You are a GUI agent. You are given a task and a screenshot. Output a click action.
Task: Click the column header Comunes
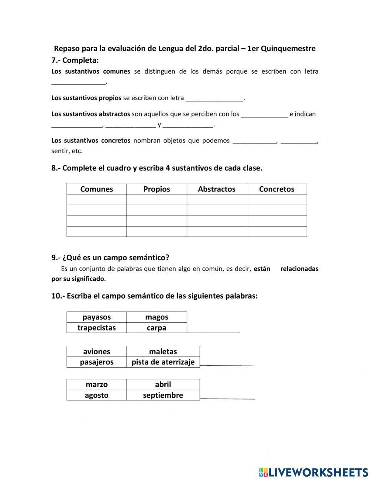tap(96, 189)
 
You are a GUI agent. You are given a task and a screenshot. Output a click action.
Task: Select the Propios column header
tap(157, 189)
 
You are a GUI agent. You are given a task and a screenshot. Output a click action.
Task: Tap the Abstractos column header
tap(217, 189)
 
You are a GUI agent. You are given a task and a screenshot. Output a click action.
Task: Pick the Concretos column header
tap(276, 189)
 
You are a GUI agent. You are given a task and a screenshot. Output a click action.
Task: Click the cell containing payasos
tap(96, 317)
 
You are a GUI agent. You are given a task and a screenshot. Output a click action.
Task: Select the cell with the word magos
tap(157, 317)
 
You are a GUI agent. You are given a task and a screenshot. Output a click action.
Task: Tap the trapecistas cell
tap(96, 328)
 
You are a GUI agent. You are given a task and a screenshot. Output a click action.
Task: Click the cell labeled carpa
tap(157, 328)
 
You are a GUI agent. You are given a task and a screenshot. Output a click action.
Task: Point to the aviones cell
tap(96, 351)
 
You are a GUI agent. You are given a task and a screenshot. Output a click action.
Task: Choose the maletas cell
tap(163, 351)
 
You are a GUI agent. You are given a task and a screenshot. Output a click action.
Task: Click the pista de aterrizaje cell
tap(163, 362)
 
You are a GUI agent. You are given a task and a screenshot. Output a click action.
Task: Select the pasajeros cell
tap(96, 362)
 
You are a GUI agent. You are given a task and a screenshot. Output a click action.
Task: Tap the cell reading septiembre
tap(163, 395)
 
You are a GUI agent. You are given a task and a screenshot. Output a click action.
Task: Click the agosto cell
tap(96, 395)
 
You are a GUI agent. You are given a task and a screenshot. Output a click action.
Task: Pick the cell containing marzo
tap(96, 384)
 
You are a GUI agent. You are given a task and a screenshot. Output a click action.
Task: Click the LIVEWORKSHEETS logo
tap(313, 472)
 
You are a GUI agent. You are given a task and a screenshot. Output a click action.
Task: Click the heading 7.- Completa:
tap(75, 60)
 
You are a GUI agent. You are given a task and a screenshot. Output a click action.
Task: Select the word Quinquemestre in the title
tap(288, 48)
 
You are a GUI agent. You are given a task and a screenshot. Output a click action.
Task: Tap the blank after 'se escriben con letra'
tap(214, 98)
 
